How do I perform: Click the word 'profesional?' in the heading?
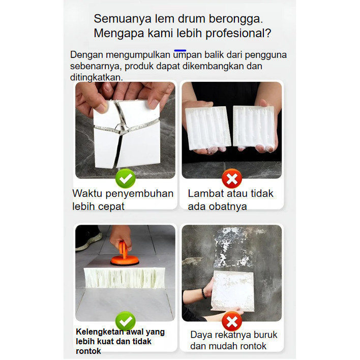point(238,34)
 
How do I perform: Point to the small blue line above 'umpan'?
point(180,50)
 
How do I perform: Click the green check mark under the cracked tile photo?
point(126,178)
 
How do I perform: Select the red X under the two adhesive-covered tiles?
point(232,178)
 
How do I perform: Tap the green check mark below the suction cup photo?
point(126,321)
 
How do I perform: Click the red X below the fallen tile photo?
point(232,321)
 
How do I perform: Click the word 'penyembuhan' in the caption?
point(139,194)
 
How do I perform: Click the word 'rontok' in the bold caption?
point(88,351)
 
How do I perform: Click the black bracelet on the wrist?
point(203,293)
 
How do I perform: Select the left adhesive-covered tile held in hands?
point(207,128)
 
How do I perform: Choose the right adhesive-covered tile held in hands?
point(253,126)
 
